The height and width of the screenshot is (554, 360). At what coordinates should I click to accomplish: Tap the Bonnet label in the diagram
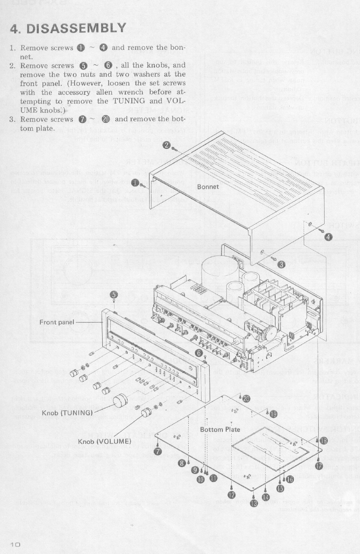tap(208, 187)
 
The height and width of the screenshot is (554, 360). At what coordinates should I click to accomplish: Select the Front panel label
tap(57, 322)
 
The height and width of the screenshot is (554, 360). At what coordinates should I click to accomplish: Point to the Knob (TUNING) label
tap(67, 413)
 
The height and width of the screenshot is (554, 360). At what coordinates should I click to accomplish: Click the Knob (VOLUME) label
tap(104, 441)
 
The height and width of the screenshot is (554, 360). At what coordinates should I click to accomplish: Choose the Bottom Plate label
tap(220, 429)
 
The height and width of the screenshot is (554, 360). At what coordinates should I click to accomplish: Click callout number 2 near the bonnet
tap(166, 145)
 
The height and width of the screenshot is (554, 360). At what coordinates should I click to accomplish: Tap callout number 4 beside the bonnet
tap(328, 237)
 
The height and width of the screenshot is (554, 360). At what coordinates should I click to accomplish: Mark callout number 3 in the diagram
tap(281, 265)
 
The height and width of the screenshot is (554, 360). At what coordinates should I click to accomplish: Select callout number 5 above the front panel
tap(115, 295)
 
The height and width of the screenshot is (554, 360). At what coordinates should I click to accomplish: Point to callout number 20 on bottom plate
tap(246, 399)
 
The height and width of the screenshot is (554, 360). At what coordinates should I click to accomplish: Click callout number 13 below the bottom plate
tap(254, 504)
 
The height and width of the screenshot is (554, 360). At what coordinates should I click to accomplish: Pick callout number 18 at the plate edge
tap(323, 441)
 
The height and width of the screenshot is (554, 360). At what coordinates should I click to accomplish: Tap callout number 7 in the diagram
tap(157, 451)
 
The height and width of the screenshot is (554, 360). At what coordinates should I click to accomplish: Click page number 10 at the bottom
tap(15, 544)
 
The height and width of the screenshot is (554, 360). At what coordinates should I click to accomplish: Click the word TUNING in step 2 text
tap(129, 101)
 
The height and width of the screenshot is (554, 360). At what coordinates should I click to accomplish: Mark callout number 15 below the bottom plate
tap(280, 489)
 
